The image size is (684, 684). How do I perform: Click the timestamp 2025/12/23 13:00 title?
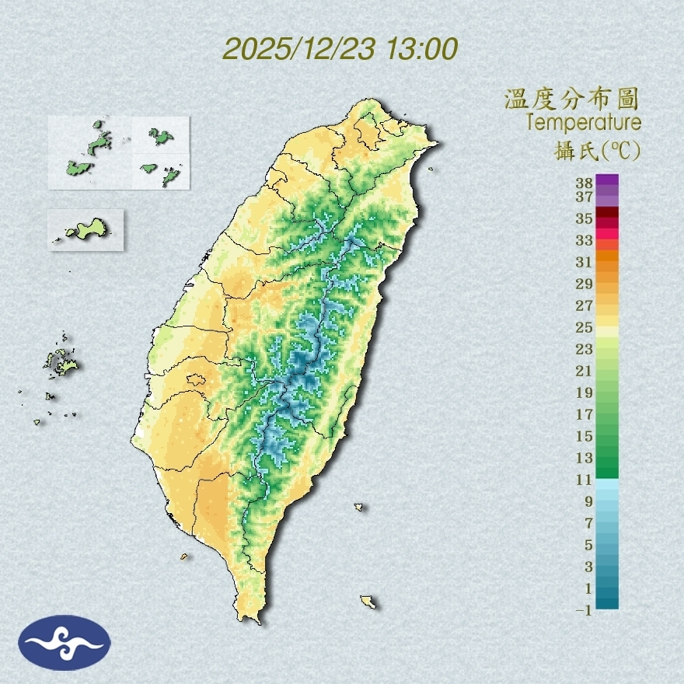pyautogui.click(x=340, y=49)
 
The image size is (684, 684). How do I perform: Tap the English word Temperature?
pyautogui.click(x=583, y=123)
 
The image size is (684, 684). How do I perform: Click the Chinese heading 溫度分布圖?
pyautogui.click(x=572, y=99)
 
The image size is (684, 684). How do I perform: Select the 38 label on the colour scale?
pyautogui.click(x=585, y=183)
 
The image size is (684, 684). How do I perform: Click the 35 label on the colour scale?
pyautogui.click(x=585, y=218)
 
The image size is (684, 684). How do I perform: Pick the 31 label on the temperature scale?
pyautogui.click(x=585, y=262)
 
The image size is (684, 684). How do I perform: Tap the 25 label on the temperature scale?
pyautogui.click(x=585, y=327)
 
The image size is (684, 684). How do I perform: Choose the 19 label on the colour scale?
pyautogui.click(x=585, y=393)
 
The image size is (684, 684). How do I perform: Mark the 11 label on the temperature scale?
pyautogui.click(x=585, y=480)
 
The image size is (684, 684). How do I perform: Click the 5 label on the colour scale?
pyautogui.click(x=588, y=545)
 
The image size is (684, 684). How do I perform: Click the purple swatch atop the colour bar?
pyautogui.click(x=608, y=180)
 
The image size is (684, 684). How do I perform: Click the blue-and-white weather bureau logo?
pyautogui.click(x=65, y=642)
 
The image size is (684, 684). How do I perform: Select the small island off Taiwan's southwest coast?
pyautogui.click(x=184, y=556)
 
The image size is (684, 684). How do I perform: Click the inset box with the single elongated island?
pyautogui.click(x=85, y=229)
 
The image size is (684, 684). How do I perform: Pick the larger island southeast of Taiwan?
pyautogui.click(x=368, y=601)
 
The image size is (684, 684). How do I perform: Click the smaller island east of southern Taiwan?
pyautogui.click(x=359, y=507)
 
